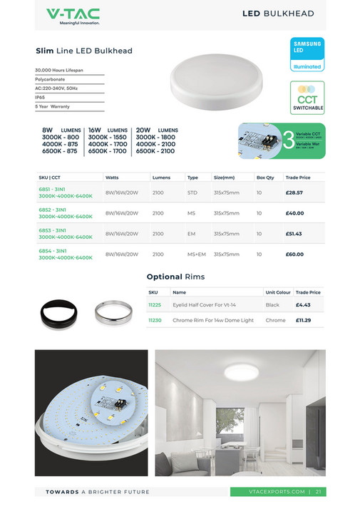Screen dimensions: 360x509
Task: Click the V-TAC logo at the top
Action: click(x=73, y=16)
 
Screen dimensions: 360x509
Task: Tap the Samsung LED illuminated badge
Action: click(x=307, y=54)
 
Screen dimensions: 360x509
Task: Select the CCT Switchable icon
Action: click(x=307, y=98)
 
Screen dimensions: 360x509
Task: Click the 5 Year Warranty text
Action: click(x=53, y=106)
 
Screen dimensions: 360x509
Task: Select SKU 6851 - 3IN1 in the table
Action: click(x=52, y=190)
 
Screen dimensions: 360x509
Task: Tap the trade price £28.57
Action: click(x=294, y=192)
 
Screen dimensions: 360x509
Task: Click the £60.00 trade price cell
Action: click(x=294, y=253)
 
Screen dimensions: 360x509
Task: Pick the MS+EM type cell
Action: click(x=196, y=253)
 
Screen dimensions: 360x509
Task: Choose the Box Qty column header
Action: click(x=265, y=177)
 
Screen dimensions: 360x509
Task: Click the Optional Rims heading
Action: click(x=175, y=277)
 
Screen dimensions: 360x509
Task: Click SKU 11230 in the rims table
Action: click(x=155, y=320)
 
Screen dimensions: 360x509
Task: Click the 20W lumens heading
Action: click(x=157, y=130)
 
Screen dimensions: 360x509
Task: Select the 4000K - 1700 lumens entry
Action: click(x=107, y=143)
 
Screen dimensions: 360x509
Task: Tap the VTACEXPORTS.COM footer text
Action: click(x=277, y=491)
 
